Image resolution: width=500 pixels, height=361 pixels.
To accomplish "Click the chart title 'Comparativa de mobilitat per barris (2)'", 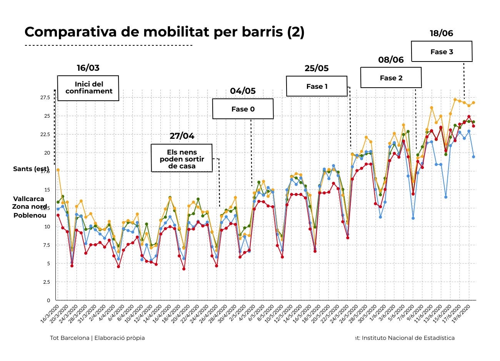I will [164, 32].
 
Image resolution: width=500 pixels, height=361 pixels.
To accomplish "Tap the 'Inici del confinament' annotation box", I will [88, 88].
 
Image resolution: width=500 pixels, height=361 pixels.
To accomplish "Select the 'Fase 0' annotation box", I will [243, 109].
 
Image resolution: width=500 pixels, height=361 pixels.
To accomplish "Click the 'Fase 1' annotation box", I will [317, 86].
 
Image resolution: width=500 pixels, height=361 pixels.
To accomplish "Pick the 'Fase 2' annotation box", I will [391, 78].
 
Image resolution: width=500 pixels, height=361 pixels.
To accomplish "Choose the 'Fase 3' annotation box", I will [442, 52].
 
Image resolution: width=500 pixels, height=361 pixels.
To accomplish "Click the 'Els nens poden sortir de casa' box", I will [182, 158].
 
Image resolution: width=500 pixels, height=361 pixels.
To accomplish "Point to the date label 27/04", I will [182, 136].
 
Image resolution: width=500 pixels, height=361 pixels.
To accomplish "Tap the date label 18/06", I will [441, 33].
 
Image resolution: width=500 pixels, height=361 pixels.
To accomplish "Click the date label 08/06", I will [391, 60].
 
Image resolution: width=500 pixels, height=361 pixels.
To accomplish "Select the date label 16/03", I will [88, 68].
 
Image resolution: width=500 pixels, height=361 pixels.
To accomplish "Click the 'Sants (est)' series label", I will [31, 169].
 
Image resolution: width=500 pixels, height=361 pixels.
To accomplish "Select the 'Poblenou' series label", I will [30, 215].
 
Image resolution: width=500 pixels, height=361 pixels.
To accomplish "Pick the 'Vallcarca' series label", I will [28, 199].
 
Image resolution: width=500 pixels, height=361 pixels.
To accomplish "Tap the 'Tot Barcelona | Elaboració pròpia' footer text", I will [97, 338].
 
